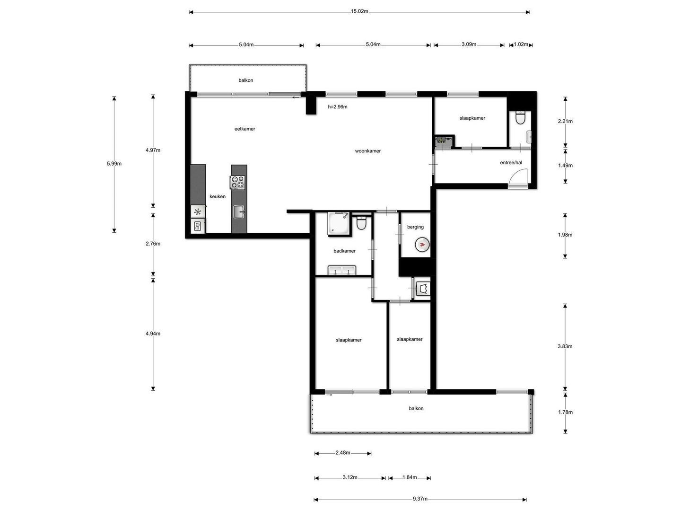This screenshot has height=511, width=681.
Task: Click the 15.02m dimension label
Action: (x=359, y=11)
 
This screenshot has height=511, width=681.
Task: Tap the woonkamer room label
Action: (x=367, y=151)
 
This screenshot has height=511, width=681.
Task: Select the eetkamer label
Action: (x=244, y=128)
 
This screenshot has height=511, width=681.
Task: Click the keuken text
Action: (x=217, y=196)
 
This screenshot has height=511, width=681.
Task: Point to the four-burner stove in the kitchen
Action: (x=237, y=182)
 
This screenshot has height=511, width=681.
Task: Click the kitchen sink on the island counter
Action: (x=238, y=212)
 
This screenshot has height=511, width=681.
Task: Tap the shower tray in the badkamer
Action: (x=338, y=223)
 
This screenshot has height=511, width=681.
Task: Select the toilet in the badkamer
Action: (x=361, y=222)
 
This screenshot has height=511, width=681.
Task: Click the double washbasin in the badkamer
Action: (x=341, y=270)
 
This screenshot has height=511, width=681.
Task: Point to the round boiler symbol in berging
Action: (x=422, y=245)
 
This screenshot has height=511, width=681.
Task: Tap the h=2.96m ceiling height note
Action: (x=338, y=107)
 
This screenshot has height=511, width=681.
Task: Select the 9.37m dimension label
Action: (x=420, y=499)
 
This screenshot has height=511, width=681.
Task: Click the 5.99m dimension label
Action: (x=114, y=164)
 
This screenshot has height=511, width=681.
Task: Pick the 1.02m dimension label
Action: (x=521, y=44)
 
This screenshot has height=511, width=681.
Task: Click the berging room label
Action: (x=415, y=227)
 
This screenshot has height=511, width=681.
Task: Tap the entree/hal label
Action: (x=511, y=162)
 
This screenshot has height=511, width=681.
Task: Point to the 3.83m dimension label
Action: (x=565, y=346)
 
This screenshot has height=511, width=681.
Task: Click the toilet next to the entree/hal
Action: (x=520, y=117)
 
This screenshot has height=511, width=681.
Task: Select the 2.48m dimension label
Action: (x=342, y=453)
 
